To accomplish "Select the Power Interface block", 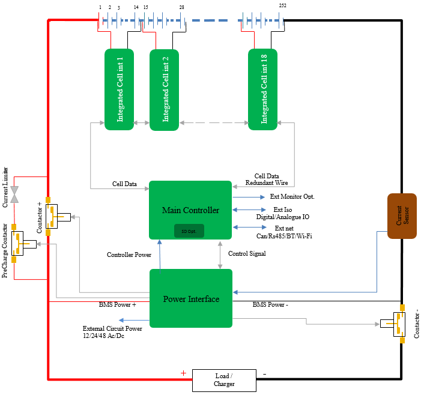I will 190,298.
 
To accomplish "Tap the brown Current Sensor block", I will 402,216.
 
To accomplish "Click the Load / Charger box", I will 223,380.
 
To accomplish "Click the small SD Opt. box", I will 189,231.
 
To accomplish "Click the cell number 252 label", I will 283,6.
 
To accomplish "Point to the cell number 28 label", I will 181,7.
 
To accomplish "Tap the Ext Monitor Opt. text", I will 292,196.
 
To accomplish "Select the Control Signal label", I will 247,254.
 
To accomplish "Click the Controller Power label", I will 129,255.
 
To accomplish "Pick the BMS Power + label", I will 118,304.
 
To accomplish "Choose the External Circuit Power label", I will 112,332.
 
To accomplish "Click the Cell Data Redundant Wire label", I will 267,178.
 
